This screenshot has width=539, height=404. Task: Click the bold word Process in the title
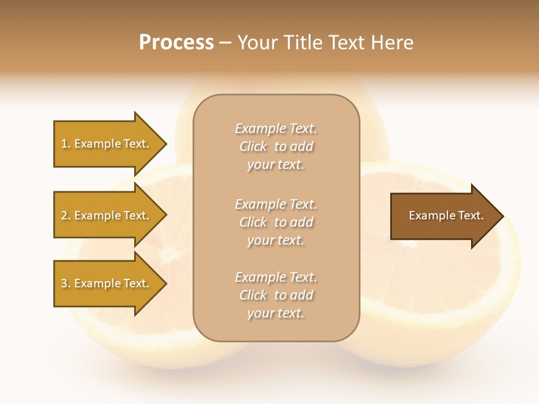[176, 43]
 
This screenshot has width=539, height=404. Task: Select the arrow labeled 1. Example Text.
[107, 144]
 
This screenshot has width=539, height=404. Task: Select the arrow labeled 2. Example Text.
[107, 215]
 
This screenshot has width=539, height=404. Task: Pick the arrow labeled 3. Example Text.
[107, 283]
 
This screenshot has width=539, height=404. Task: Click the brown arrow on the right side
[444, 216]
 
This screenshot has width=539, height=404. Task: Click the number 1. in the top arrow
[66, 144]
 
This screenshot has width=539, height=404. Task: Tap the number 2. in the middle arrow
[66, 215]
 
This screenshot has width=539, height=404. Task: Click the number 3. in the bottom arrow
[66, 283]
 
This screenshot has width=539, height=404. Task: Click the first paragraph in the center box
[276, 146]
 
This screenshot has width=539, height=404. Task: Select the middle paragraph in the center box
[276, 222]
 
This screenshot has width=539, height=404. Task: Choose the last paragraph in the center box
[276, 295]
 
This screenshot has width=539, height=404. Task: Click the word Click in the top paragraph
[253, 146]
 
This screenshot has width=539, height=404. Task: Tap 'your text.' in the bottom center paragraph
[276, 313]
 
